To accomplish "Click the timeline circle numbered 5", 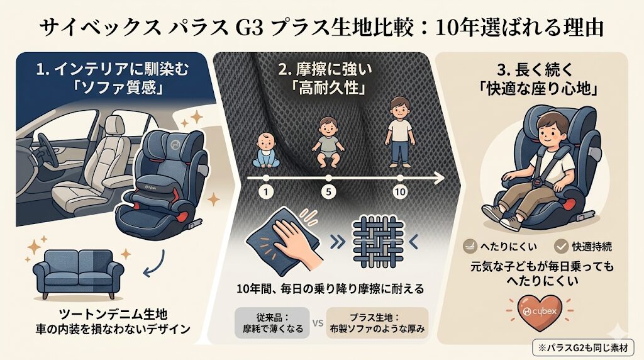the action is [x=328, y=192].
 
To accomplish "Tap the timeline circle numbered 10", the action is [x=399, y=192].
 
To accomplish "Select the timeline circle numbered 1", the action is [x=266, y=192].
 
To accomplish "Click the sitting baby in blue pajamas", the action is [x=265, y=150].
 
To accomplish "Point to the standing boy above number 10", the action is [x=400, y=132].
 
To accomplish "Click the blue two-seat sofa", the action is [x=78, y=274].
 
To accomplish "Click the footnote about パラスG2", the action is [x=583, y=347].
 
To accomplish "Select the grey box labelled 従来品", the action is [x=272, y=323].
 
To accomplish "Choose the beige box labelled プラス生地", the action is [x=377, y=323].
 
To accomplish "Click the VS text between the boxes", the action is [x=318, y=323].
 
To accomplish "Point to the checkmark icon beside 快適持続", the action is [x=560, y=246].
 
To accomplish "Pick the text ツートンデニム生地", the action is [x=113, y=315].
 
